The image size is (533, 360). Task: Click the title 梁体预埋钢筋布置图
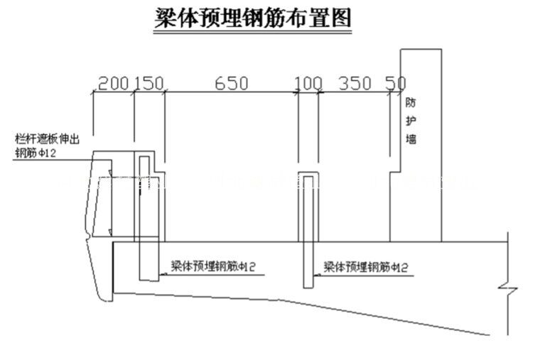[254, 18]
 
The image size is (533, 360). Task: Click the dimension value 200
[112, 84]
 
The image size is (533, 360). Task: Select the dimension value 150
[149, 84]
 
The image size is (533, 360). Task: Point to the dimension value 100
[308, 84]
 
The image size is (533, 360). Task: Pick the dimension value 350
[355, 84]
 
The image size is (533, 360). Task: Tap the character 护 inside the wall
[411, 121]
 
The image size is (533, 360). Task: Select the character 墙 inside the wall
[411, 140]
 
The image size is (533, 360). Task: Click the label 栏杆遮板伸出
[46, 139]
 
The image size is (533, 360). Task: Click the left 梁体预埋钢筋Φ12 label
[213, 267]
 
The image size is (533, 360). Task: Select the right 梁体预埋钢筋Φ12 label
[366, 267]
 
